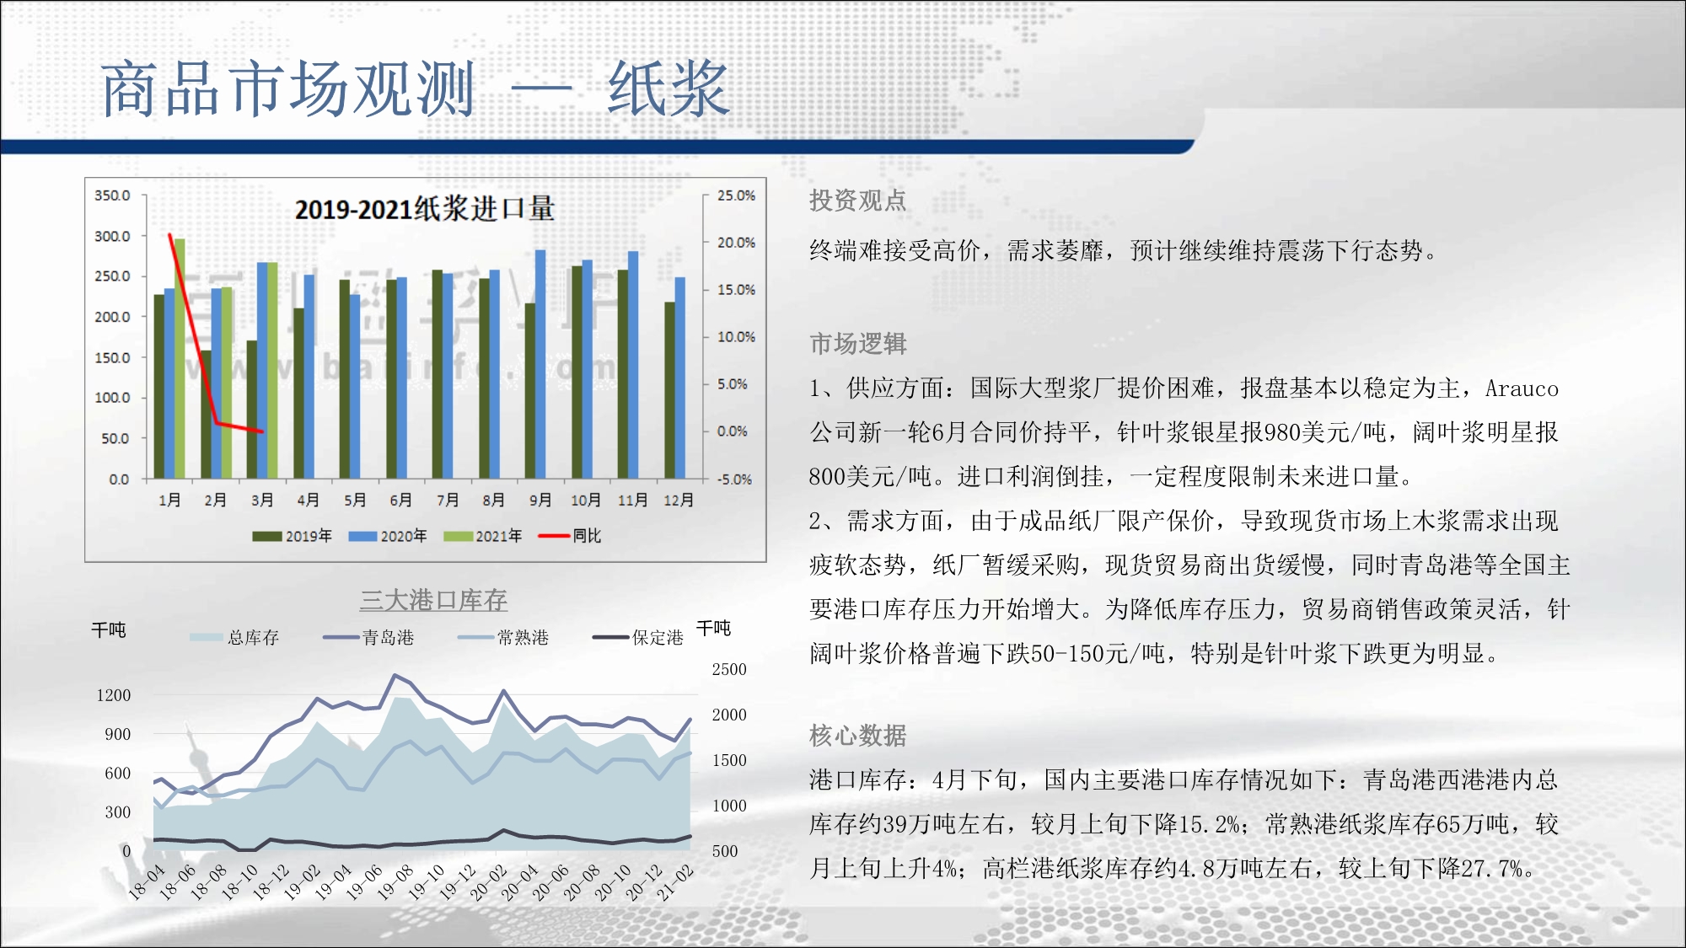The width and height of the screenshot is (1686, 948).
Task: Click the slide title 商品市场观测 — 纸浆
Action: pos(415,88)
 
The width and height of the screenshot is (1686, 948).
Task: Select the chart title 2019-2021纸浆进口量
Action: pos(425,209)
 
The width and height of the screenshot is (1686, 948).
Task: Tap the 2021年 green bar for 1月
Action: pos(180,359)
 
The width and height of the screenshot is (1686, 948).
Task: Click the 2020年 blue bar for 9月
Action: pos(540,364)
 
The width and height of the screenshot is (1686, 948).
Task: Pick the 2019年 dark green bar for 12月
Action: pos(669,390)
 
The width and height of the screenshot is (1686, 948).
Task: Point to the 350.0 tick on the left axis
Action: pos(112,195)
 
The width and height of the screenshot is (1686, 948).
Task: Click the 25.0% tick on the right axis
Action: pos(736,195)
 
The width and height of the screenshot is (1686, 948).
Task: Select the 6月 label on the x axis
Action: pos(400,500)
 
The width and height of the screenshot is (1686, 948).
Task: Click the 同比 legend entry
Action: pos(570,536)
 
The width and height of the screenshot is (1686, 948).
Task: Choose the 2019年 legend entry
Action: pos(292,536)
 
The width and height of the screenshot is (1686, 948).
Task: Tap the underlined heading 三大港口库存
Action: pos(433,600)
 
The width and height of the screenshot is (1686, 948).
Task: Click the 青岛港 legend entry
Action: pos(368,637)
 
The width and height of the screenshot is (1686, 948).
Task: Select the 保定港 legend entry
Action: pos(638,637)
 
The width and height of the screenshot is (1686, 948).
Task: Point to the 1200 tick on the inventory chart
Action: pos(114,695)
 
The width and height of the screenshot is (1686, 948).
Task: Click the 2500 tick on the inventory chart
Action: pos(729,669)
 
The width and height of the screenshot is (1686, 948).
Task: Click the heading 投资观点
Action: pos(857,201)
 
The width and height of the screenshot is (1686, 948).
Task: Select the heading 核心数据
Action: pos(857,736)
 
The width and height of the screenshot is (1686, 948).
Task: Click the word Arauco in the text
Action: pos(1522,388)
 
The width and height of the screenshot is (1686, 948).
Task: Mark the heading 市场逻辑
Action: pos(857,344)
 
